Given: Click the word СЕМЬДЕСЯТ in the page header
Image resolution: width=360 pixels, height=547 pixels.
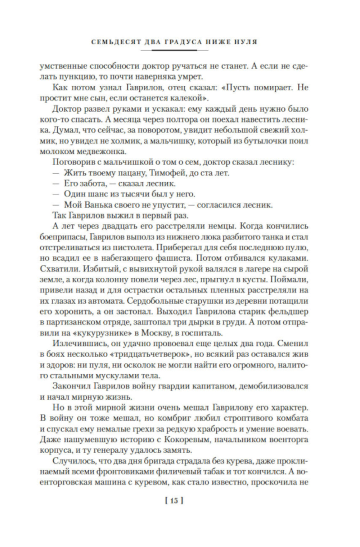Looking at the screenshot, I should pyautogui.click(x=113, y=42).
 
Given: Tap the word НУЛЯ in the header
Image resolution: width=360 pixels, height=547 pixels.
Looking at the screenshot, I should pyautogui.click(x=247, y=42).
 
